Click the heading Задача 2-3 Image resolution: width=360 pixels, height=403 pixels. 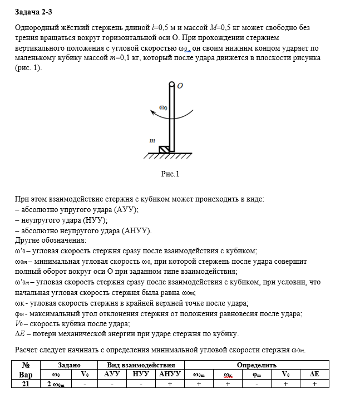34,11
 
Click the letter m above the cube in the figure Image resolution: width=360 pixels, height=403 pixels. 151,141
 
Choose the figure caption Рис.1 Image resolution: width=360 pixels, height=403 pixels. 170,174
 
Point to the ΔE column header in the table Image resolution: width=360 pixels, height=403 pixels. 314,375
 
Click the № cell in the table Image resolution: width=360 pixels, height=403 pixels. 26,365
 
